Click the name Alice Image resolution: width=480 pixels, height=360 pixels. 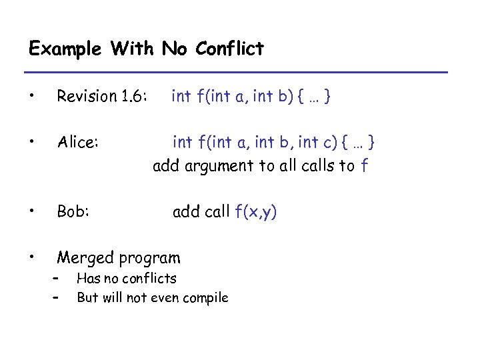(x=78, y=142)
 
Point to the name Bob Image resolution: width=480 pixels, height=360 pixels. (x=73, y=212)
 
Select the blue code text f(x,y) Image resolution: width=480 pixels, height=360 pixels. (x=257, y=212)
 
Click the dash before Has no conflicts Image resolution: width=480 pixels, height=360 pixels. (x=58, y=279)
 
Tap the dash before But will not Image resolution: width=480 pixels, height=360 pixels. (x=58, y=297)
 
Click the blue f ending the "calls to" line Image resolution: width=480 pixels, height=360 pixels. (x=363, y=166)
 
